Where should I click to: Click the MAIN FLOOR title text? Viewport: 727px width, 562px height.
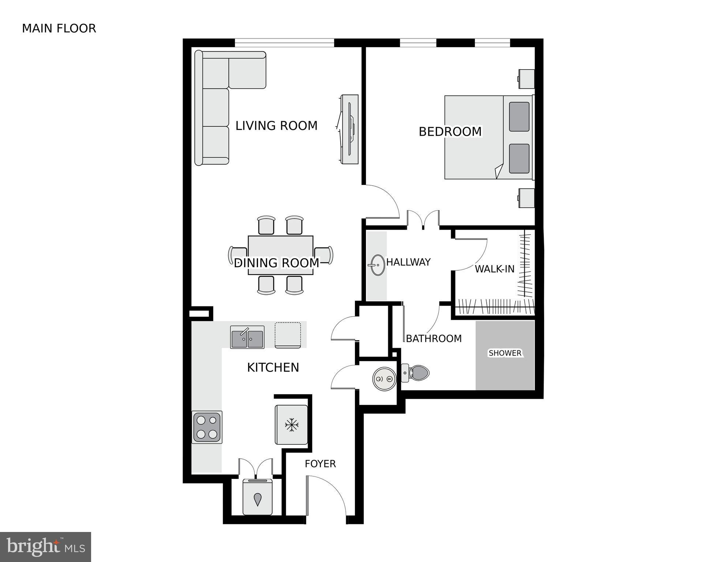pyautogui.click(x=59, y=29)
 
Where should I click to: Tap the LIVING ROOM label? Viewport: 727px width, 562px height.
pyautogui.click(x=276, y=126)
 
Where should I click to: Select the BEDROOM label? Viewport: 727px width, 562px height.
pyautogui.click(x=450, y=132)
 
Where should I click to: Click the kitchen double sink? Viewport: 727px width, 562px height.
pyautogui.click(x=247, y=337)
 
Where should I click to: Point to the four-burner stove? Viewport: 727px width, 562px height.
pyautogui.click(x=207, y=427)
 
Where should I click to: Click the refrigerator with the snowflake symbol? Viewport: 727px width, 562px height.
pyautogui.click(x=292, y=425)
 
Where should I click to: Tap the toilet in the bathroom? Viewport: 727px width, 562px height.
pyautogui.click(x=416, y=373)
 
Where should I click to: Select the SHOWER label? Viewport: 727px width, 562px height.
pyautogui.click(x=505, y=353)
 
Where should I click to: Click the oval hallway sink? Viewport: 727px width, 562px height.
pyautogui.click(x=376, y=265)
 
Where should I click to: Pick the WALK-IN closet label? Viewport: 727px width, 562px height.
pyautogui.click(x=494, y=269)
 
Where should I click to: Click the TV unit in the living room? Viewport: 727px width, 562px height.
pyautogui.click(x=349, y=129)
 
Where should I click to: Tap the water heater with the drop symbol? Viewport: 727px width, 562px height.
pyautogui.click(x=258, y=497)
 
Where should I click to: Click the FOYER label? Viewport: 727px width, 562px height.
pyautogui.click(x=320, y=464)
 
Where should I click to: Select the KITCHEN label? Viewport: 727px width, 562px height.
pyautogui.click(x=273, y=368)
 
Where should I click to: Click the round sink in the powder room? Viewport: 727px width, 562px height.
pyautogui.click(x=384, y=379)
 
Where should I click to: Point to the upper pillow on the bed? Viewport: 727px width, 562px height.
pyautogui.click(x=519, y=117)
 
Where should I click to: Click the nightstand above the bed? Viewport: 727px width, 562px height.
pyautogui.click(x=526, y=79)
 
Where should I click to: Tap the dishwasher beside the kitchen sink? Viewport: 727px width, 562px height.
pyautogui.click(x=288, y=335)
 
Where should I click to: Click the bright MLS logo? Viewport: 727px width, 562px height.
pyautogui.click(x=45, y=547)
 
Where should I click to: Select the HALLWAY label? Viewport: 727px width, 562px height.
pyautogui.click(x=408, y=262)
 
